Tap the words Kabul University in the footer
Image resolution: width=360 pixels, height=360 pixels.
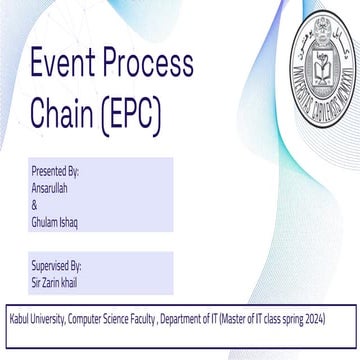(33, 319)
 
